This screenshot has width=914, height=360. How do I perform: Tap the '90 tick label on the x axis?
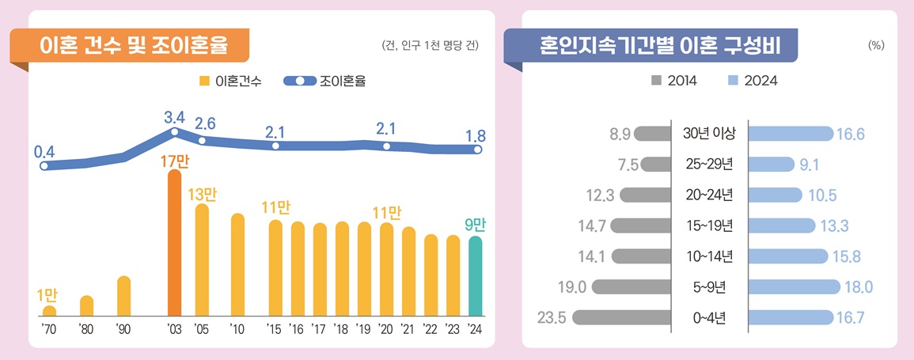[x=123, y=328]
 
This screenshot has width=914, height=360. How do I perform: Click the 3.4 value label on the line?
[x=174, y=118]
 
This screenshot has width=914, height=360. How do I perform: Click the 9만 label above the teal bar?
[x=475, y=225]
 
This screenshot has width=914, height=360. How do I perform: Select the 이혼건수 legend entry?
[x=230, y=81]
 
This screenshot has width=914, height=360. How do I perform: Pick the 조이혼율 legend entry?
[x=324, y=81]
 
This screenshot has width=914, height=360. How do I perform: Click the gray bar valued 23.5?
[x=621, y=318]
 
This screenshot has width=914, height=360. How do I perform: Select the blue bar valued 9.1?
[x=771, y=165]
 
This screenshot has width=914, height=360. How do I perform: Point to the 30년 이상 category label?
[x=709, y=134]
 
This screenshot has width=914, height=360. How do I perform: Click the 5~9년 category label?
[x=709, y=287]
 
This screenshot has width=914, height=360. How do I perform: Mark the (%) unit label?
[x=876, y=46]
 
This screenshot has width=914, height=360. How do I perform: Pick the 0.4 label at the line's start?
[x=44, y=150]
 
